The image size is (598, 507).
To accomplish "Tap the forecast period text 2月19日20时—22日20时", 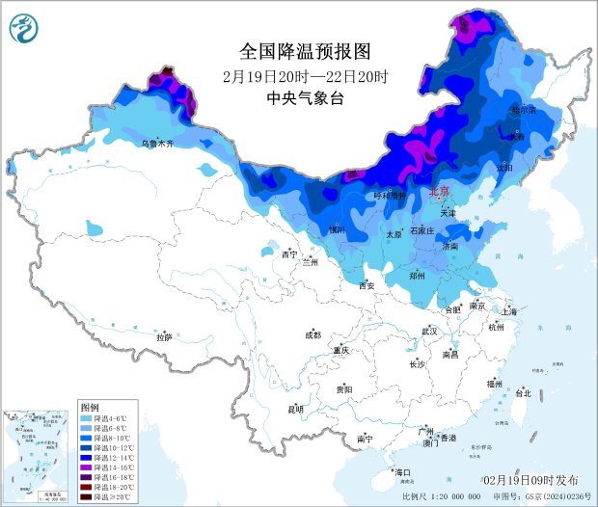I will (x=304, y=75).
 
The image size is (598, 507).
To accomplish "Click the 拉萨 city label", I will (x=164, y=337).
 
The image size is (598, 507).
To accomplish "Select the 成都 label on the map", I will (x=313, y=335).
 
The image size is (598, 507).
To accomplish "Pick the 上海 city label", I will (x=511, y=312).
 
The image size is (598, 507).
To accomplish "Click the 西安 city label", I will (x=367, y=285).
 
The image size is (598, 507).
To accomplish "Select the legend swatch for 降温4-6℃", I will (x=86, y=419).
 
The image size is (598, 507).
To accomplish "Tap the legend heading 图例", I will (x=90, y=408).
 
